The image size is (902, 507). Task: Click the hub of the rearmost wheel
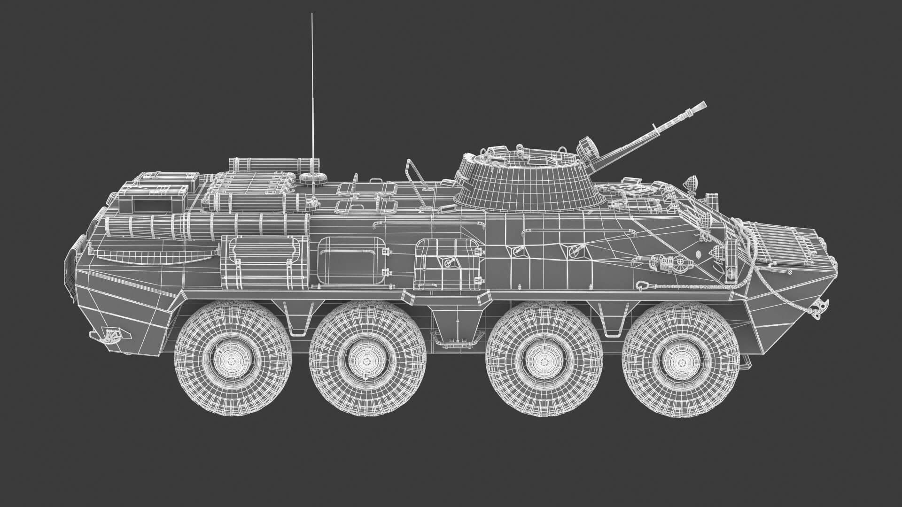[233, 360]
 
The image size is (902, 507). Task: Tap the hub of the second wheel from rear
[367, 360]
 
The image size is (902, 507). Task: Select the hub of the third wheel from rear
[544, 360]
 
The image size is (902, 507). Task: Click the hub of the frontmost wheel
[680, 360]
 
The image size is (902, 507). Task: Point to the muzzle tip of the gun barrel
[701, 106]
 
